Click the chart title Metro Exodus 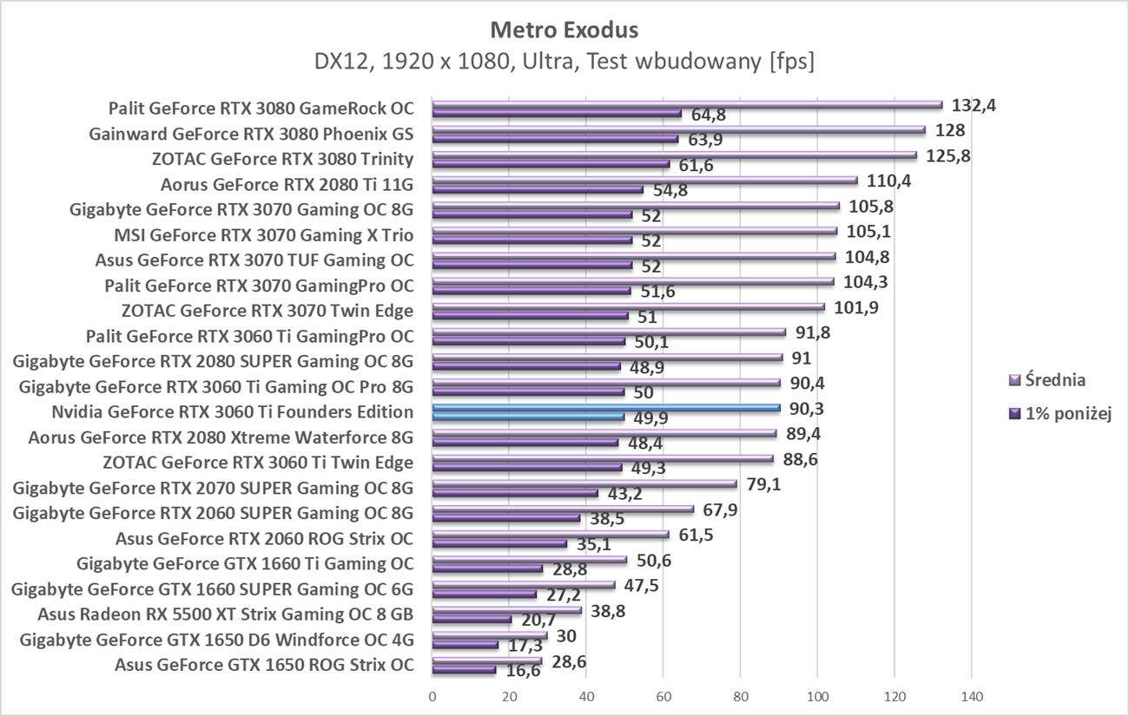point(564,30)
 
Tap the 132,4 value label point(974,106)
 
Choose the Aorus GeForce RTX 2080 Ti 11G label point(287,184)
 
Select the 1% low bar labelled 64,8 point(557,113)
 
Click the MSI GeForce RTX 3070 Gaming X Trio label point(264,234)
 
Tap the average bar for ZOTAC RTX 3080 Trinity point(674,155)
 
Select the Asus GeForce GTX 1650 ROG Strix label point(264,666)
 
